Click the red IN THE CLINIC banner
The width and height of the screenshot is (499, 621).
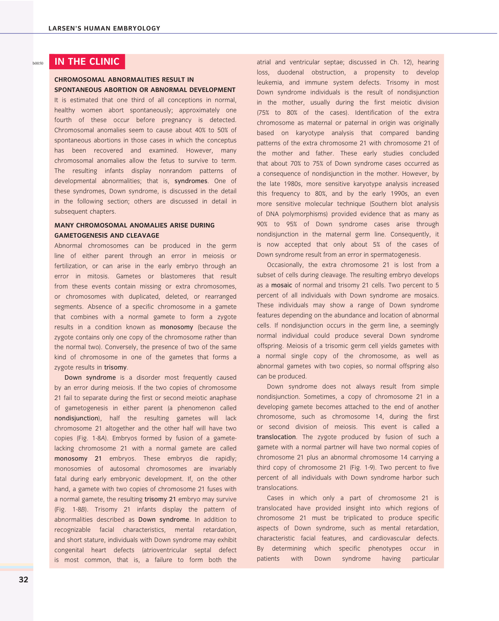(x=87, y=61)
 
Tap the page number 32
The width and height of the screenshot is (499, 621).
(x=24, y=579)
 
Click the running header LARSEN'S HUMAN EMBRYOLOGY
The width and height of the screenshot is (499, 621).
(x=104, y=28)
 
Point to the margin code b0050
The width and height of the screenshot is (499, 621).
(x=38, y=63)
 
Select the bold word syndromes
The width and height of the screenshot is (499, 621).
(x=191, y=181)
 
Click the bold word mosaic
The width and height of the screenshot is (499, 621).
(x=282, y=285)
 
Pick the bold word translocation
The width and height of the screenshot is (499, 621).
(x=276, y=437)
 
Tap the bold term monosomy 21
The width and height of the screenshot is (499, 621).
(x=78, y=459)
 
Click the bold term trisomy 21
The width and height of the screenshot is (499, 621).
(x=160, y=499)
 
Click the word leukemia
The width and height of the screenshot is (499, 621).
(x=269, y=83)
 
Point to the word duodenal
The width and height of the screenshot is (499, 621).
(x=291, y=72)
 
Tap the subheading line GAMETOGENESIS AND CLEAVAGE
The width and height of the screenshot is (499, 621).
(x=107, y=236)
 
